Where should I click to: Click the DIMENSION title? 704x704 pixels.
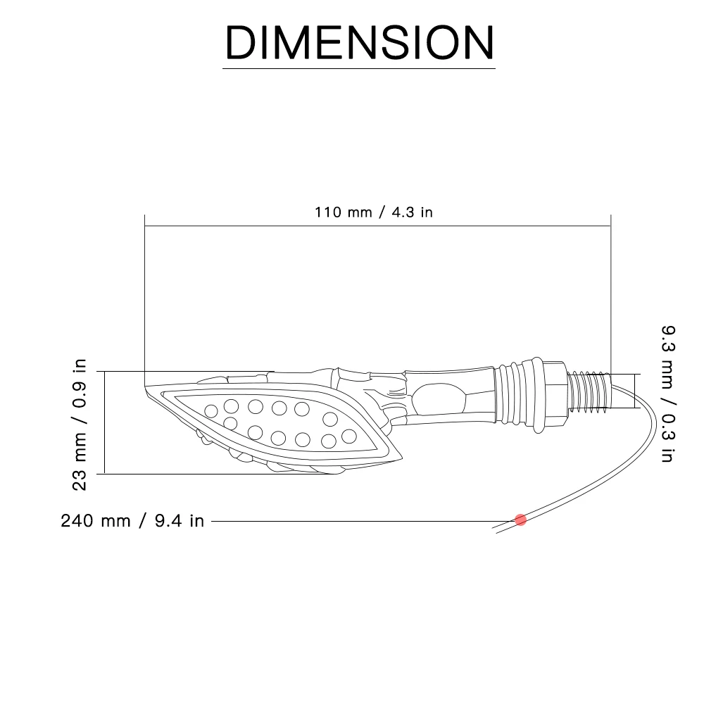pyautogui.click(x=359, y=42)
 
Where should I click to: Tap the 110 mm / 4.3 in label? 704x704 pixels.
pyautogui.click(x=374, y=212)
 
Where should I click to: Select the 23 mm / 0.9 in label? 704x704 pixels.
pyautogui.click(x=79, y=425)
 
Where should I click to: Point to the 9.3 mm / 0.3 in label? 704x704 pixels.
pyautogui.click(x=668, y=394)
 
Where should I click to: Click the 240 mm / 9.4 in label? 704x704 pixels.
pyautogui.click(x=132, y=521)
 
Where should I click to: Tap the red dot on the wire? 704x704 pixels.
pyautogui.click(x=520, y=520)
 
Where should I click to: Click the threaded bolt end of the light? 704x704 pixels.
pyautogui.click(x=589, y=391)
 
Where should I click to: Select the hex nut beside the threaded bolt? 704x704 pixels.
pyautogui.click(x=555, y=394)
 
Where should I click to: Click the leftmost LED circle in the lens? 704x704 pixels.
pyautogui.click(x=211, y=411)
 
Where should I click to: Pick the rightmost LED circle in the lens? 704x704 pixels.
pyautogui.click(x=349, y=436)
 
